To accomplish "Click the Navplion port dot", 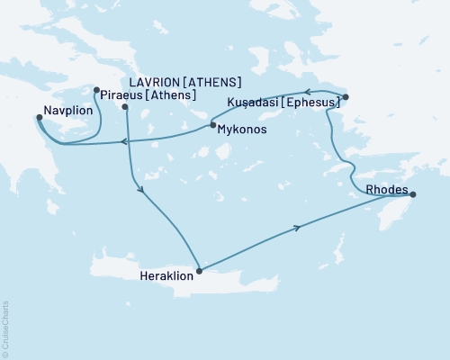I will point(39,116).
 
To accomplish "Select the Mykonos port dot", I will point(212,126).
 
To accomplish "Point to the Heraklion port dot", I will point(199,270).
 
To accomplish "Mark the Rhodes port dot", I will point(412,193).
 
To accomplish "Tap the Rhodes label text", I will point(385,190).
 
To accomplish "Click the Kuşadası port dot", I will point(346,96).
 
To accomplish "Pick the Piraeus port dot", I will point(96,89).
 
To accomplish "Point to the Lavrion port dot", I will point(125,108).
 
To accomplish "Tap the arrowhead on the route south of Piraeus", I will point(139,188).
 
